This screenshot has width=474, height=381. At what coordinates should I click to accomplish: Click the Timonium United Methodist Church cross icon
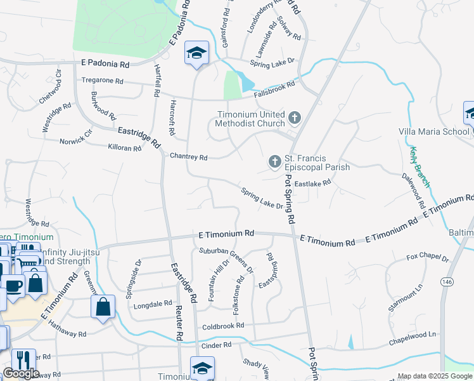(x=294, y=117)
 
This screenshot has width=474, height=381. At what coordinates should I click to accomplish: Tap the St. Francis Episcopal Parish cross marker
(x=275, y=161)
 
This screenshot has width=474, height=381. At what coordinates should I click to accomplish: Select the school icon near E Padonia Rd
(x=196, y=53)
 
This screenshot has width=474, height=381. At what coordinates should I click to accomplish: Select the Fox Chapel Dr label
(x=427, y=258)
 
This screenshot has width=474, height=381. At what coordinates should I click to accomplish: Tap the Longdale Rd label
(x=153, y=305)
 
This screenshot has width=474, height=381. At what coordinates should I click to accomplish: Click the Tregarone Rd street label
(x=102, y=81)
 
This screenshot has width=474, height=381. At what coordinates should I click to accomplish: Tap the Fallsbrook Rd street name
(x=274, y=89)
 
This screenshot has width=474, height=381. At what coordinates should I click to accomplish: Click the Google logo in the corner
(x=21, y=373)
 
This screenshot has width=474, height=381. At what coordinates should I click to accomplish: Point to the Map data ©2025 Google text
(x=434, y=376)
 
